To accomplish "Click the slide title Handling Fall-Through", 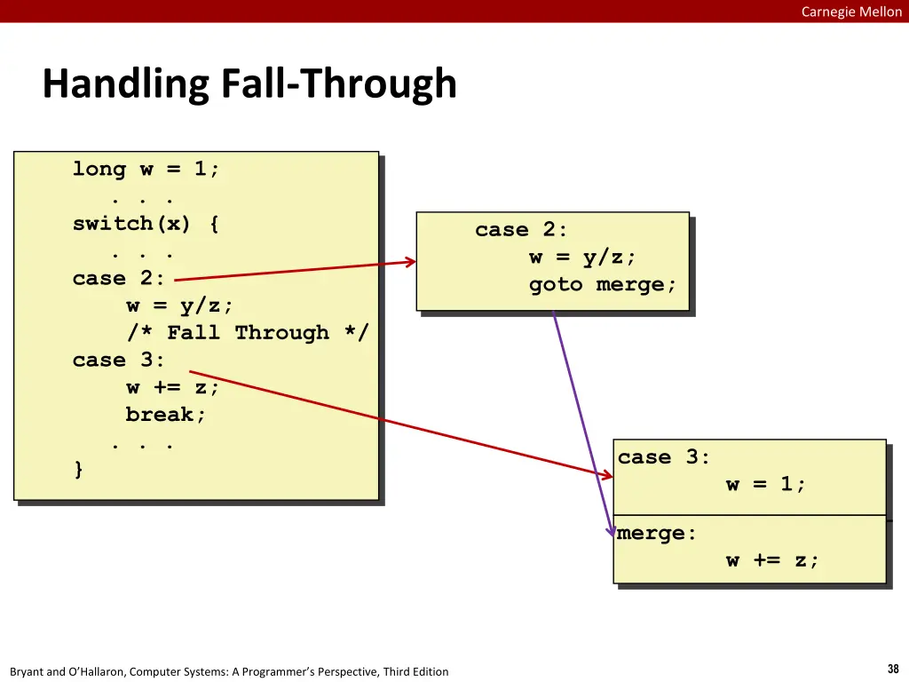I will pos(249,84).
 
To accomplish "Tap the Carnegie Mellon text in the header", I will pos(850,12).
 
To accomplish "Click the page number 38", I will pos(893,670).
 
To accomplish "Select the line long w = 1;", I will pos(146,169).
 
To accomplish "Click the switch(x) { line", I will pos(146,224).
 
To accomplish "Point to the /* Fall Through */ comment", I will pos(248,333).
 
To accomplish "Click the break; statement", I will pos(166,415).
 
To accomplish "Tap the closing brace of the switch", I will pos(79,470).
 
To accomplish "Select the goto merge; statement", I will pos(603,285).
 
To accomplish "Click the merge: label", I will pos(657,534).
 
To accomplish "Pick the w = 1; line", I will pos(766,485).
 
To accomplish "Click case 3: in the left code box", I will pos(119,361).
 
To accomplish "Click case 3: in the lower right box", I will pos(664,457).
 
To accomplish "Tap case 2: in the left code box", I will pos(119,279).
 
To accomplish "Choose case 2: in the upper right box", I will pos(521,230).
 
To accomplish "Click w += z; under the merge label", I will pos(772,560).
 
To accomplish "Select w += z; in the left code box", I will pos(173,387).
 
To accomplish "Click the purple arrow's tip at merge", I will pos(613,535).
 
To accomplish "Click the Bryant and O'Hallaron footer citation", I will pos(229,671).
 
